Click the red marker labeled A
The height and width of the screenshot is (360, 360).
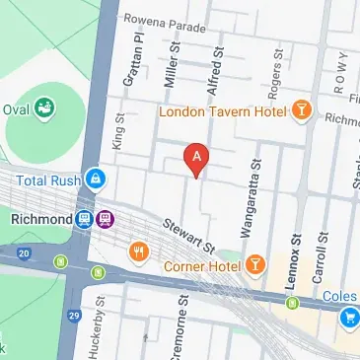pyautogui.click(x=197, y=158)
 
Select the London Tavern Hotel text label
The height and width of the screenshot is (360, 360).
pyautogui.click(x=223, y=110)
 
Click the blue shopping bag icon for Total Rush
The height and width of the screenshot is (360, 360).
pyautogui.click(x=95, y=179)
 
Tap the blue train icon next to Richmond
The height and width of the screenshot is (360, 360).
pyautogui.click(x=86, y=218)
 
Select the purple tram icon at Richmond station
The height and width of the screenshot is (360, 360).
pyautogui.click(x=106, y=218)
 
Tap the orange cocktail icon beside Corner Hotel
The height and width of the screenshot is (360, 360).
pyautogui.click(x=255, y=263)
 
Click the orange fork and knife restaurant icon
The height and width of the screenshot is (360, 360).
pyautogui.click(x=138, y=253)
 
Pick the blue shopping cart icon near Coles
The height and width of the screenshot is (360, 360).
pyautogui.click(x=349, y=317)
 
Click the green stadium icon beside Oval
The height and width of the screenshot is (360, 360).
pyautogui.click(x=43, y=108)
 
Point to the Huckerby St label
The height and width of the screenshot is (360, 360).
pyautogui.click(x=100, y=325)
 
